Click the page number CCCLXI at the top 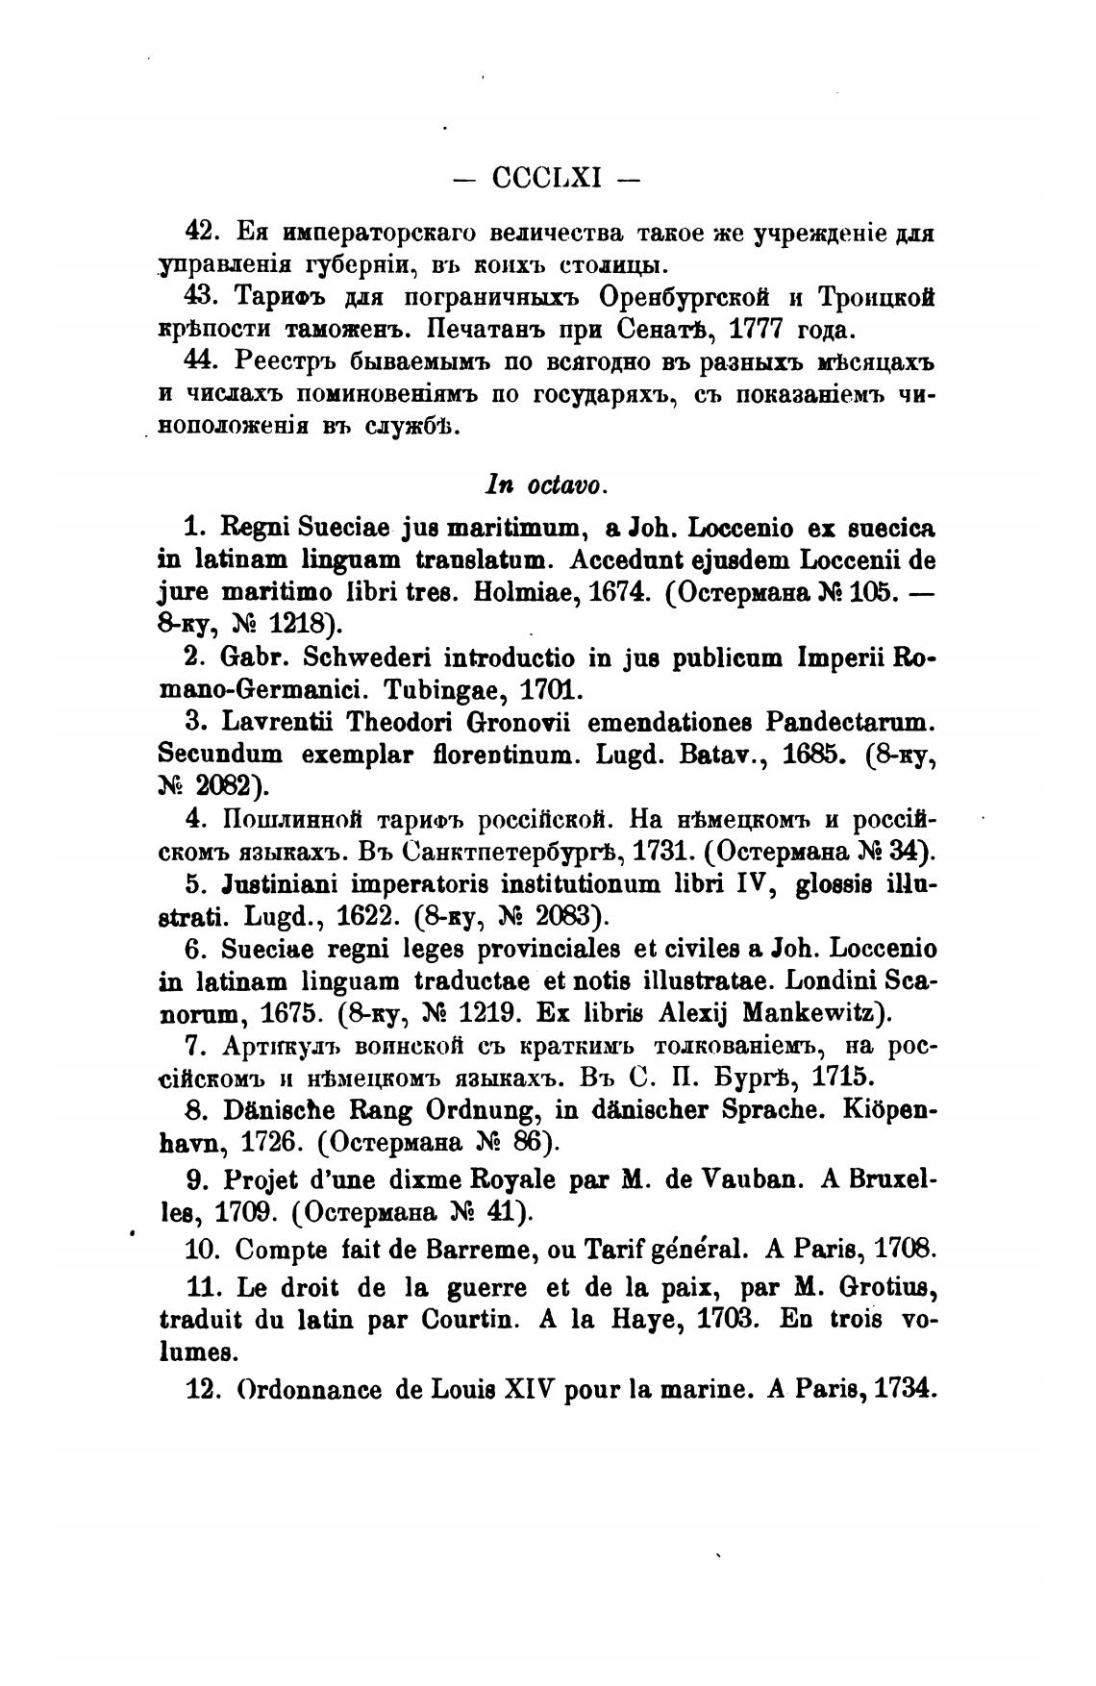546,178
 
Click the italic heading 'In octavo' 546,485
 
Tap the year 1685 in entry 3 810,756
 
